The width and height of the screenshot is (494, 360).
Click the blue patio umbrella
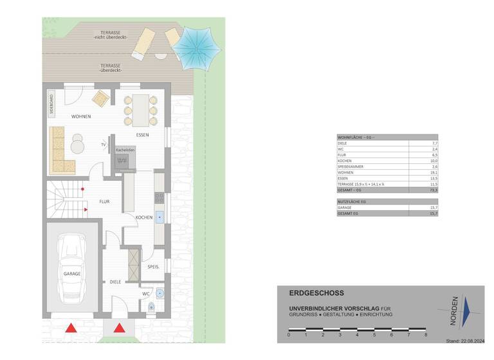(198, 47)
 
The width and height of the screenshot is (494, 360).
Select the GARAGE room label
(72, 274)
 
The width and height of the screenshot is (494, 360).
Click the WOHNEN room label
(81, 116)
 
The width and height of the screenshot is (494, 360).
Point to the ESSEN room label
(142, 135)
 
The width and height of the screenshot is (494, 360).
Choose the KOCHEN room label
(144, 217)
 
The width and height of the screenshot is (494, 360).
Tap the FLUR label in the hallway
(104, 201)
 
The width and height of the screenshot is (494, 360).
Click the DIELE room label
(115, 282)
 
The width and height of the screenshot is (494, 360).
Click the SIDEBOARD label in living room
(51, 104)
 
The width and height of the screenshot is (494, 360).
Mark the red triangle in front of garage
(70, 328)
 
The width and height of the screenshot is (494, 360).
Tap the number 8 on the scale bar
(426, 335)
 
